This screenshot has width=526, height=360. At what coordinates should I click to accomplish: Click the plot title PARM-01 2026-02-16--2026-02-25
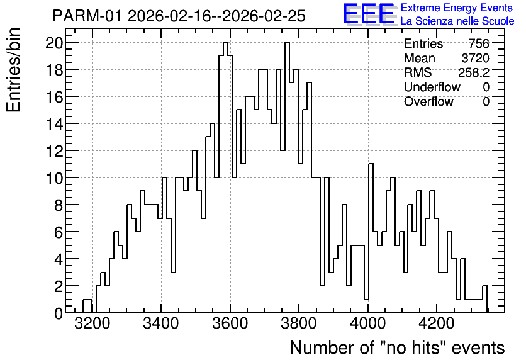point(179,16)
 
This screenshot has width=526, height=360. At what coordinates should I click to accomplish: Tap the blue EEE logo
point(369,14)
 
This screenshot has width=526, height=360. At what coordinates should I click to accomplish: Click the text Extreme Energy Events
point(457,8)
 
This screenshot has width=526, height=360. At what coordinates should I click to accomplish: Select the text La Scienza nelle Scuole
point(457,21)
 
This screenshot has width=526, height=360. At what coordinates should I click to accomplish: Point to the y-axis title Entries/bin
point(14,70)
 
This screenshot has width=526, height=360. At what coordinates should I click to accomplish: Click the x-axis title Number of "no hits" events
point(397,347)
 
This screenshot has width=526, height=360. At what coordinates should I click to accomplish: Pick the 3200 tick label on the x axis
point(92,324)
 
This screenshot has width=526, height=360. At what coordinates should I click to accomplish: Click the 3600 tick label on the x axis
point(230,324)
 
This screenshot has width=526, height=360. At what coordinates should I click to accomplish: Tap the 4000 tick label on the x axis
point(368,324)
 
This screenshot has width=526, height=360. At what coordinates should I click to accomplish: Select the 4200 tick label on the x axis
point(437,324)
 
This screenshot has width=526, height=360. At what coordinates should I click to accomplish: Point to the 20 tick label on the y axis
point(54,43)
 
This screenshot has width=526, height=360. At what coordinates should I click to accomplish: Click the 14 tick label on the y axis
point(54,124)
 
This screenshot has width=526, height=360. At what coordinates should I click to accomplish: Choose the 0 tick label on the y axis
point(59,313)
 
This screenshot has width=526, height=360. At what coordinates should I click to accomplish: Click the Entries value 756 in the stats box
point(479,43)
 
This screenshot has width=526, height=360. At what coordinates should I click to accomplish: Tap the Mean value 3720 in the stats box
point(475,58)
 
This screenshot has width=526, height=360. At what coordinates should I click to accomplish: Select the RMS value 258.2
point(474,72)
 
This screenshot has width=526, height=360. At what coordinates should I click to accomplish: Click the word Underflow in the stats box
point(432,87)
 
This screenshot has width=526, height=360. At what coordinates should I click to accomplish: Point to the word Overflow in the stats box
point(428,102)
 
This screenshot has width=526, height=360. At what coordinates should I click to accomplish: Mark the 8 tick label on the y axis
point(59,205)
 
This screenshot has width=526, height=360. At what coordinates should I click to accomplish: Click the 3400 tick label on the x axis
point(161,324)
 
